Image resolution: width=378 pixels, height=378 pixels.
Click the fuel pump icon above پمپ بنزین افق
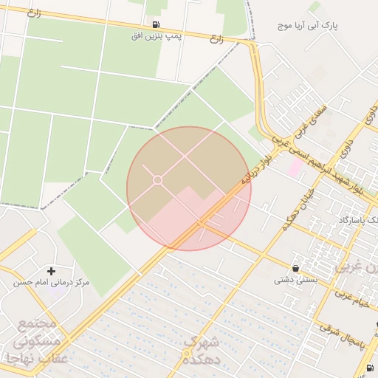tap(156, 24)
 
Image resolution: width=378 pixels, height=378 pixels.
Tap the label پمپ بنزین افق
tap(157, 35)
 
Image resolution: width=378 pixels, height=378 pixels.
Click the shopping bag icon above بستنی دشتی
tap(296, 268)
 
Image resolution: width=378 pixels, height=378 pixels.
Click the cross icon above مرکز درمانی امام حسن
tap(51, 271)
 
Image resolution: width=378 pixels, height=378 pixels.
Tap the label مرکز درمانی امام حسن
tap(51, 283)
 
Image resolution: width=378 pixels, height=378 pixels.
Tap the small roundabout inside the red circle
tap(157, 180)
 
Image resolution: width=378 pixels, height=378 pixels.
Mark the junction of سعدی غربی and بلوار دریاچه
tap(272, 145)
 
